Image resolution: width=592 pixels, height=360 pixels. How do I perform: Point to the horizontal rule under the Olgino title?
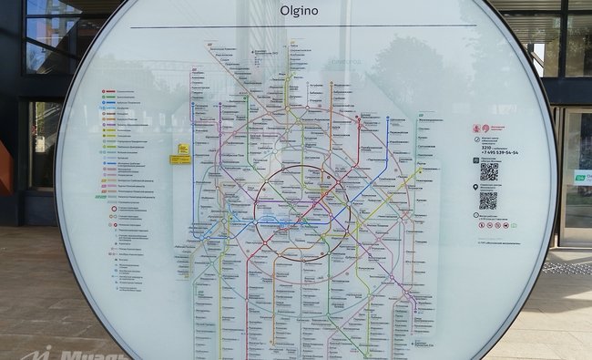pos(291,26)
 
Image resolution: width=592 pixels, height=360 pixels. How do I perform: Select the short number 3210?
pos(485,148)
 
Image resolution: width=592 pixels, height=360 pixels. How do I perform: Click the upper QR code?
pos(488,170)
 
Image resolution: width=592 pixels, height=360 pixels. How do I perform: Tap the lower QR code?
pos(488,201)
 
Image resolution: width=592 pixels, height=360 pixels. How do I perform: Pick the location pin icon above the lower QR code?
pos(475,187)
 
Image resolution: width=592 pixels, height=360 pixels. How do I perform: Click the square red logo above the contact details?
pos(475,129)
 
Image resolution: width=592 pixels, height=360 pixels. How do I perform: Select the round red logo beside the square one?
pos(485,129)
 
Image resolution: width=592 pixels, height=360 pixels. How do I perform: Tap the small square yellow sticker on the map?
pos(183,149)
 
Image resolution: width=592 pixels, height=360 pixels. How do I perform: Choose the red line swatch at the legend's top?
pos(107,92)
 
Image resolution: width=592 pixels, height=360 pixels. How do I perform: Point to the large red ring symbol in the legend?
pos(115,209)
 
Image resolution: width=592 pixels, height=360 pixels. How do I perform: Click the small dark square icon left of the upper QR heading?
pos(475,159)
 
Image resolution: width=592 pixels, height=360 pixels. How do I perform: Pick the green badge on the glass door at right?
pos(580,177)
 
